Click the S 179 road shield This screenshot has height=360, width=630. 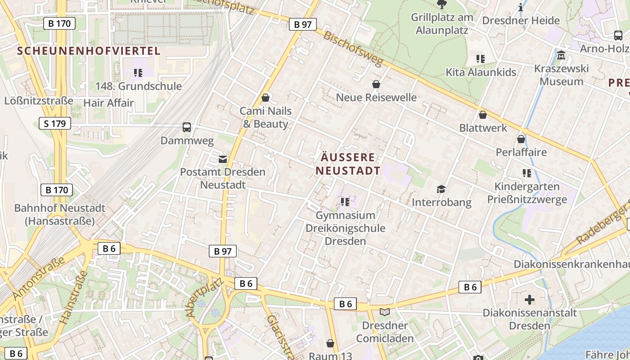coord(55,123)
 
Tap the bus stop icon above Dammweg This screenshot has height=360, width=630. coord(187,127)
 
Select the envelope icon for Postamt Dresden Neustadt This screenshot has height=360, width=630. coord(223,158)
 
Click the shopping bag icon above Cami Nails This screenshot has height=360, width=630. coord(265,97)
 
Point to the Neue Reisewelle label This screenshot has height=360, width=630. coord(376,97)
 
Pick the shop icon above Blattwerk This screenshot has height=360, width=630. coord(483,115)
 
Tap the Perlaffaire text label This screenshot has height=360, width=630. coord(521,152)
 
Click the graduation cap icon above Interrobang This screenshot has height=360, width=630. coord(441,189)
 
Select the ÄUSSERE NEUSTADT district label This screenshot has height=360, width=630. coord(348,164)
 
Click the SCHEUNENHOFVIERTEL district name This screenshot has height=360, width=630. coord(89,51)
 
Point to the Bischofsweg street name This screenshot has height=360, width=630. coord(353,49)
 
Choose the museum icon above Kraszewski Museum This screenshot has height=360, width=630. coord(561,55)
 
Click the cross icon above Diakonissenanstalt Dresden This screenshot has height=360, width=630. coord(530,299)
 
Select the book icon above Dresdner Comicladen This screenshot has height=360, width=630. coord(385,312)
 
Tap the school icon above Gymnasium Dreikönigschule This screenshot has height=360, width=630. coord(345,202)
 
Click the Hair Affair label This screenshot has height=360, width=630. coord(108,103)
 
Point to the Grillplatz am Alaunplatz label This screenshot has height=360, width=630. coord(442,24)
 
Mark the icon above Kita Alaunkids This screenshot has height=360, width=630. coord(481,58)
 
